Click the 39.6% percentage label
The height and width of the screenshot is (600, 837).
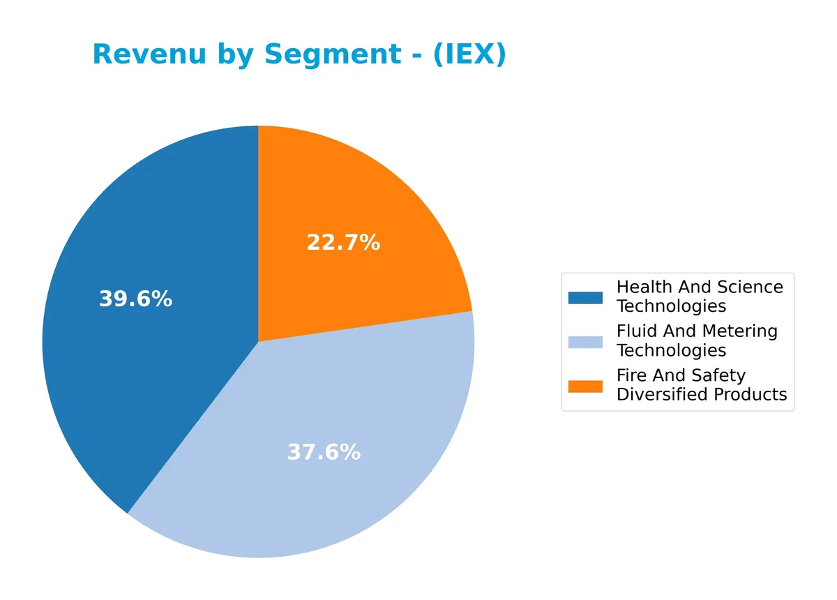click(x=135, y=299)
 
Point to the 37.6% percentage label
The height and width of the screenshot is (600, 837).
click(x=324, y=453)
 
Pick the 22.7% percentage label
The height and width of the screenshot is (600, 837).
click(x=343, y=243)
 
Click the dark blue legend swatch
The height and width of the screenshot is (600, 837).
click(x=585, y=297)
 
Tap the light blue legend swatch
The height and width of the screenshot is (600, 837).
click(x=585, y=342)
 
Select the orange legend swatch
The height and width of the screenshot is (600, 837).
click(x=585, y=386)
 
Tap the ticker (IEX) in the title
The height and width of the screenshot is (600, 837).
click(x=469, y=54)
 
